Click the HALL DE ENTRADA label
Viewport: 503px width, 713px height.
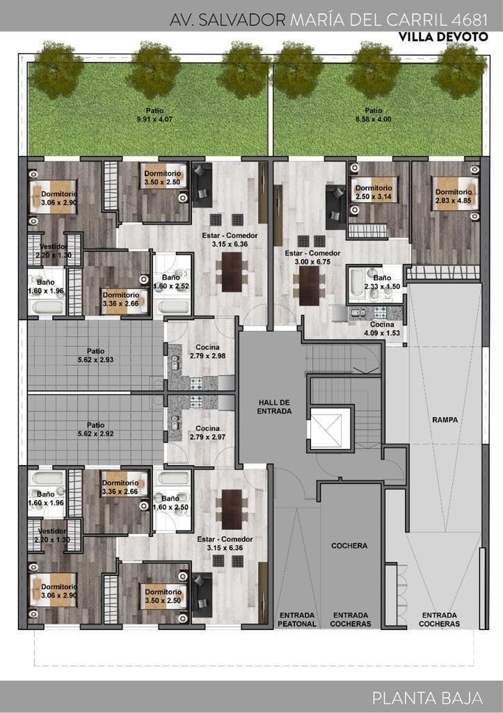(x=274, y=407)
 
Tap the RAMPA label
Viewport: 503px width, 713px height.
(x=445, y=420)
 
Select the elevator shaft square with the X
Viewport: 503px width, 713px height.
(x=330, y=428)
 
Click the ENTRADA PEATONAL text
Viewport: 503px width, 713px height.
(x=296, y=619)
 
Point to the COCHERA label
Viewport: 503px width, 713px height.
(x=349, y=545)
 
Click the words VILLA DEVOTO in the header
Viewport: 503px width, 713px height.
(x=443, y=37)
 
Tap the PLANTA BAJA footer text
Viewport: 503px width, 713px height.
(x=427, y=698)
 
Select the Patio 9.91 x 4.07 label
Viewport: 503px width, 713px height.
(x=154, y=115)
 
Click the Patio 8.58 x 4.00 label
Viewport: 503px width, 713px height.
(x=373, y=115)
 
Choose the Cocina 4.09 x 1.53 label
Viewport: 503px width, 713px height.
(x=382, y=329)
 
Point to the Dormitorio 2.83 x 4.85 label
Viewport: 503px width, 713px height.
(x=454, y=196)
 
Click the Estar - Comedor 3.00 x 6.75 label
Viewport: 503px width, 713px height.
(x=312, y=258)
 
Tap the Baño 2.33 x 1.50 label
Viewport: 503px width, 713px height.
(x=382, y=282)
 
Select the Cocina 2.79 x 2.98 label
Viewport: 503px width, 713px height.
(x=207, y=352)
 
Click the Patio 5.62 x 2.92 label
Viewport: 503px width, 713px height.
(x=95, y=429)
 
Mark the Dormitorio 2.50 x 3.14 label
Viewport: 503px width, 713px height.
(x=374, y=192)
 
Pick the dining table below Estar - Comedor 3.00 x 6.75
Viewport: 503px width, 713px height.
(x=310, y=285)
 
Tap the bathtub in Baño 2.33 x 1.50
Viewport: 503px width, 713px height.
(x=357, y=284)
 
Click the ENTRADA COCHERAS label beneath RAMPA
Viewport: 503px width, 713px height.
(x=439, y=619)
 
